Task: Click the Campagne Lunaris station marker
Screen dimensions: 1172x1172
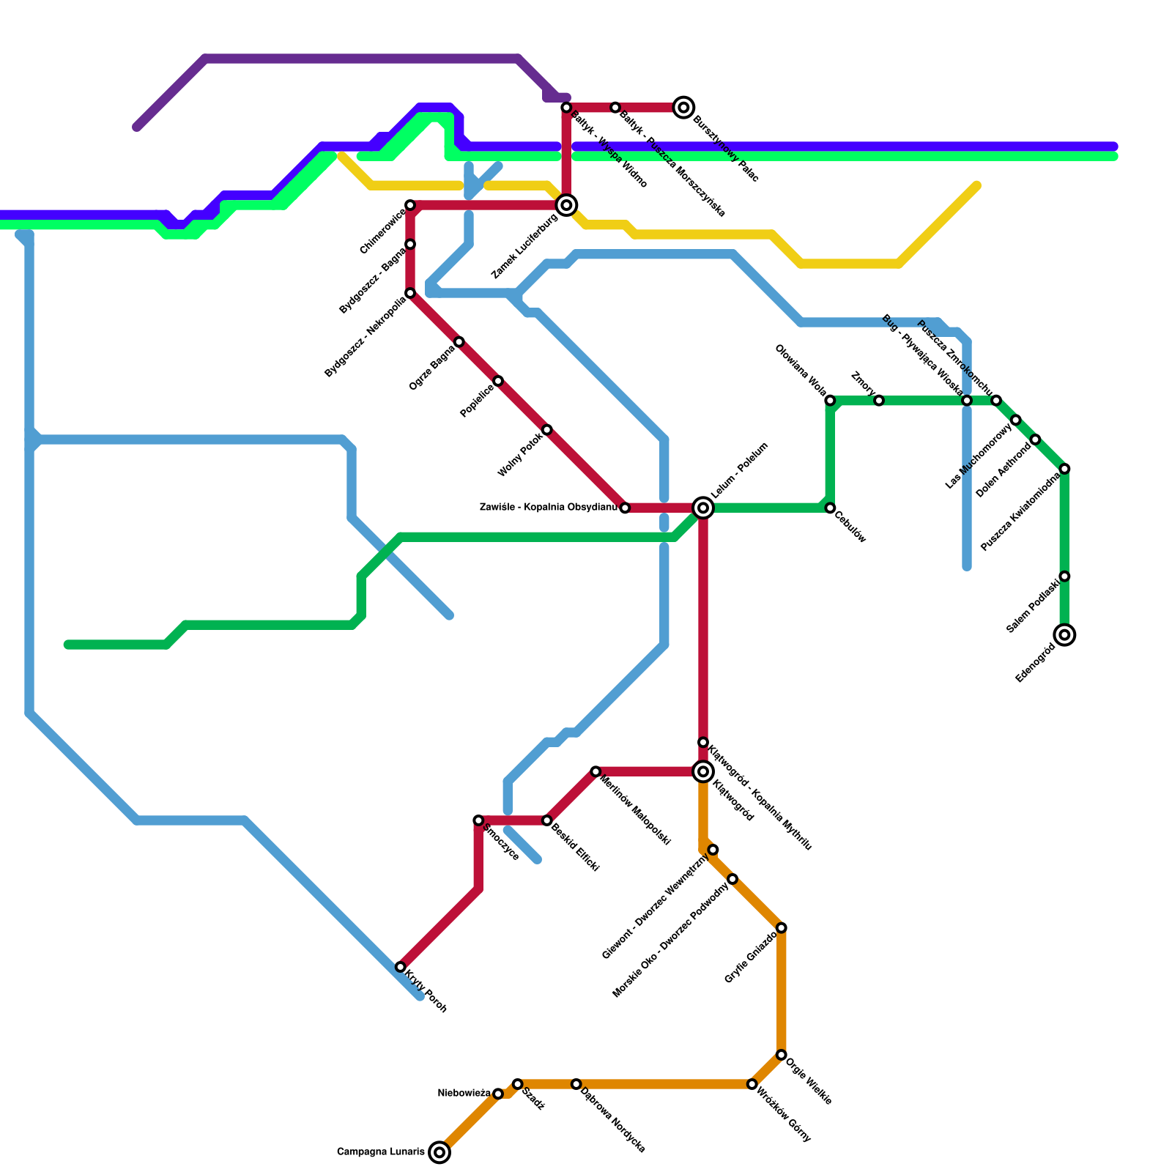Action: click(x=439, y=1152)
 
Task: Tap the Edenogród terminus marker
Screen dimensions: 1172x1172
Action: click(x=1065, y=634)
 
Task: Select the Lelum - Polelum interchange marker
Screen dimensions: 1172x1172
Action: click(x=703, y=508)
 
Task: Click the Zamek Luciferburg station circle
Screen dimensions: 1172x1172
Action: click(x=566, y=205)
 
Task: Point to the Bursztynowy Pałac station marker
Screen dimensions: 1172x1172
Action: click(x=684, y=108)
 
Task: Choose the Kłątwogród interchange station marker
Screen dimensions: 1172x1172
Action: click(x=703, y=771)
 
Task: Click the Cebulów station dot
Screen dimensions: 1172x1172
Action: click(x=830, y=508)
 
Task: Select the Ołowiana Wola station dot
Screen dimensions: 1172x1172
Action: click(x=830, y=401)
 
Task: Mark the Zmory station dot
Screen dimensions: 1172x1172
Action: click(x=879, y=401)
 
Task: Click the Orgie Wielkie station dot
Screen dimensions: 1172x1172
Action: click(x=782, y=1055)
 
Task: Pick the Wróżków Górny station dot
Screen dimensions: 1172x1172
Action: click(x=752, y=1084)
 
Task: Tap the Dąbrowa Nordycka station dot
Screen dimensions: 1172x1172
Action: click(x=576, y=1084)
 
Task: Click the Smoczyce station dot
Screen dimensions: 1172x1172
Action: click(x=478, y=820)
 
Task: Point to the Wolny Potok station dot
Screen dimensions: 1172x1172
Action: click(x=547, y=430)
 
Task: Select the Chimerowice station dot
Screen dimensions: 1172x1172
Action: click(x=410, y=205)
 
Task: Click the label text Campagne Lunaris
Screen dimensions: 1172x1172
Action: click(x=380, y=1152)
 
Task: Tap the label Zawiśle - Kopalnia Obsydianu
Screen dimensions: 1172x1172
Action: click(x=548, y=507)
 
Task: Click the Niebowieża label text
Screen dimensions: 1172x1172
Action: click(x=464, y=1094)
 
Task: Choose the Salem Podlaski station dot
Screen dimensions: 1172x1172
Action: click(x=1065, y=576)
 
